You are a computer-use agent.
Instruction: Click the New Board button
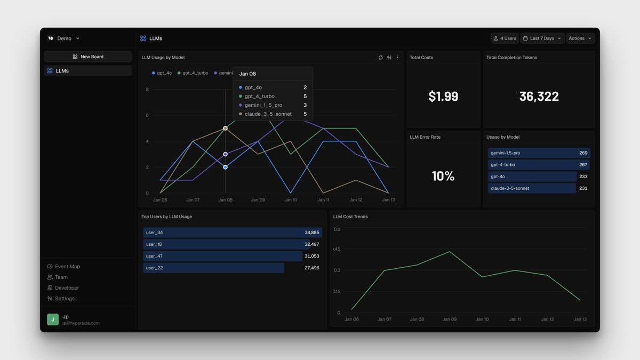pyautogui.click(x=88, y=57)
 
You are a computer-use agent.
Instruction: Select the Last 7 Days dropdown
pyautogui.click(x=541, y=38)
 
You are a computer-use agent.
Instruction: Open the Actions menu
pyautogui.click(x=580, y=38)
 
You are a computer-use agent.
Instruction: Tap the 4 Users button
pyautogui.click(x=505, y=38)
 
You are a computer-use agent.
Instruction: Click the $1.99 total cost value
pyautogui.click(x=443, y=97)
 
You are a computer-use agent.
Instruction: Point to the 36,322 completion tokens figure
pyautogui.click(x=539, y=97)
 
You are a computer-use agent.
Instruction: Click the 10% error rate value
pyautogui.click(x=443, y=176)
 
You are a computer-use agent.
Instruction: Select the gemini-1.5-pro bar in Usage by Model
pyautogui.click(x=539, y=153)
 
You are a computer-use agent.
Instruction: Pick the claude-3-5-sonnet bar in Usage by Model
pyautogui.click(x=532, y=188)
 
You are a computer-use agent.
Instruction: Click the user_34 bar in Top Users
pyautogui.click(x=232, y=233)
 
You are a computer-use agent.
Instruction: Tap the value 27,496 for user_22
pyautogui.click(x=311, y=268)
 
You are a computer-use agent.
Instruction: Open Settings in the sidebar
pyautogui.click(x=65, y=299)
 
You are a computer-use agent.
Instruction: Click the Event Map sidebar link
pyautogui.click(x=67, y=267)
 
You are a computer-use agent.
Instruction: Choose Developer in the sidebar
pyautogui.click(x=67, y=288)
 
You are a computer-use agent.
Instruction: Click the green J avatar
pyautogui.click(x=53, y=319)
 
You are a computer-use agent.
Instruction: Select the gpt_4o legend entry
pyautogui.click(x=162, y=73)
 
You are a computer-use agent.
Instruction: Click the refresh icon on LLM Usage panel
pyautogui.click(x=381, y=58)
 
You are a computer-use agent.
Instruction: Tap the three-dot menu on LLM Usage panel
pyautogui.click(x=397, y=58)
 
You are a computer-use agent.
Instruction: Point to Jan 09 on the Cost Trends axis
pyautogui.click(x=450, y=319)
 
